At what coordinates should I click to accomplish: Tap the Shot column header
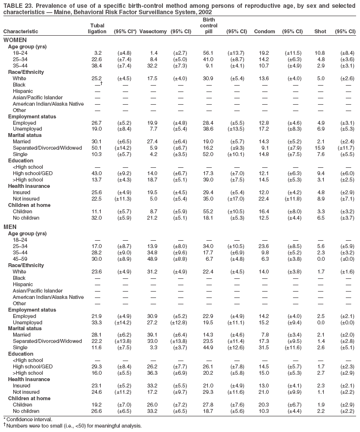tap(320, 32)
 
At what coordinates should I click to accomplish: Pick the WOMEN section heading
tap(15, 40)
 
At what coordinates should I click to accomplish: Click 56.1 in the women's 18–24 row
tap(209, 52)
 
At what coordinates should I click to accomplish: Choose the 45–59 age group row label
tap(20, 258)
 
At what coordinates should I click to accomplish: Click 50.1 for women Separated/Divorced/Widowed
tap(96, 147)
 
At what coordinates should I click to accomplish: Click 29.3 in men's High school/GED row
tap(96, 366)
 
